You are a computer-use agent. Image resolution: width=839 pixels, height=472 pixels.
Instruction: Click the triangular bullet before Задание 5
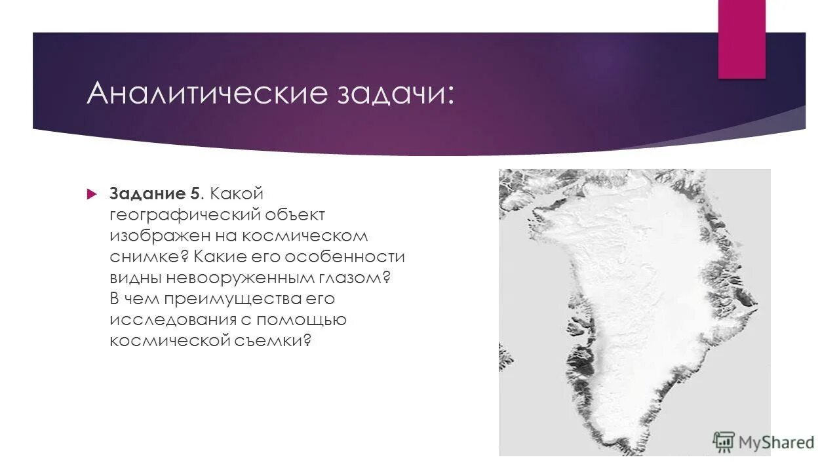pyautogui.click(x=92, y=194)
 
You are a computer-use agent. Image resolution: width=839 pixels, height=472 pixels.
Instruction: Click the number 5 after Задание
pyautogui.click(x=196, y=194)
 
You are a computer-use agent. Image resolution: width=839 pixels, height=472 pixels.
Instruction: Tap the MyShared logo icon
pyautogui.click(x=724, y=442)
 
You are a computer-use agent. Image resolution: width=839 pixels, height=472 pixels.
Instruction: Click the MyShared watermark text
pyautogui.click(x=776, y=442)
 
